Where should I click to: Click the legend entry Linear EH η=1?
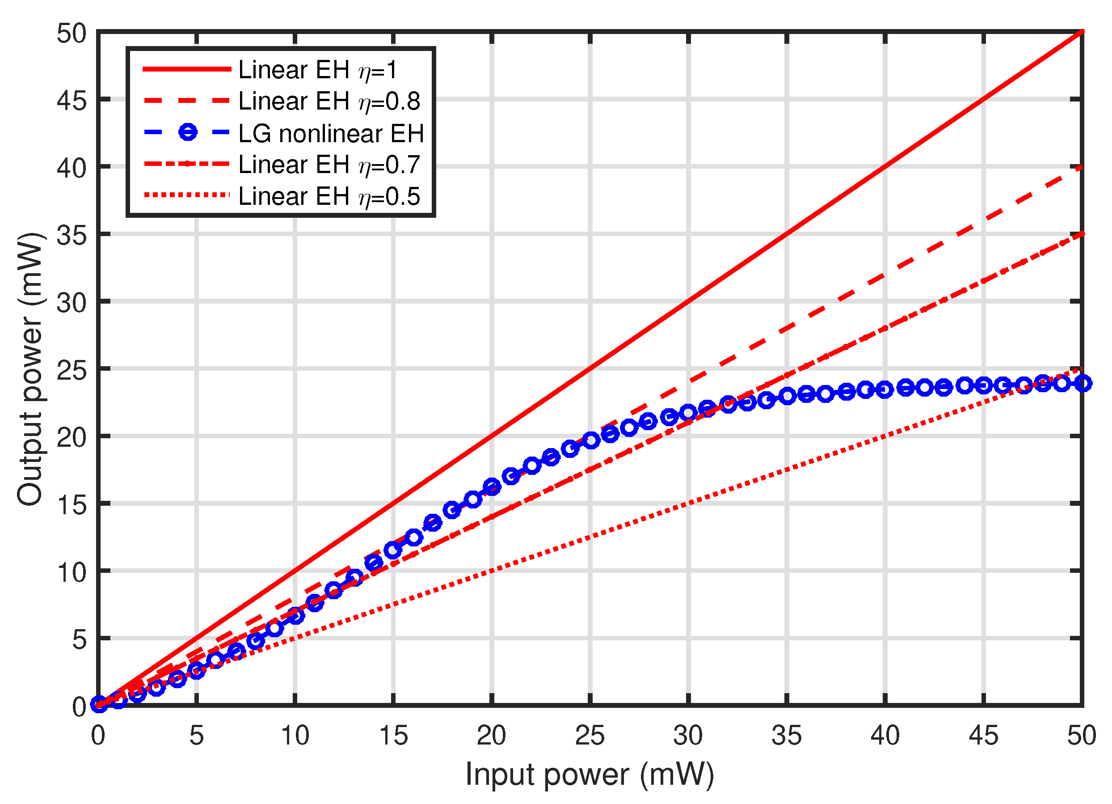point(318,70)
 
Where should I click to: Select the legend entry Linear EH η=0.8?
point(329,102)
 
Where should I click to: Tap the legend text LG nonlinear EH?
point(331,133)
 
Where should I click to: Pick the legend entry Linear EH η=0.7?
point(329,165)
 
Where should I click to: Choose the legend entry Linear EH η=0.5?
point(329,197)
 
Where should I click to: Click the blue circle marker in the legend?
point(188,132)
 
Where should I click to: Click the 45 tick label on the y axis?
point(71,102)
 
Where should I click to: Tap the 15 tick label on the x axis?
point(393,736)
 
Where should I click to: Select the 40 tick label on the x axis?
point(885,736)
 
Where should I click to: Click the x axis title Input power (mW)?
point(590,775)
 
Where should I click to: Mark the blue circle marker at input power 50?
point(1082,383)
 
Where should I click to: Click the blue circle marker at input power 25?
point(591,440)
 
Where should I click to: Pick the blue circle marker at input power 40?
point(884,390)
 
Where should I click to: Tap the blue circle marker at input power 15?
point(393,550)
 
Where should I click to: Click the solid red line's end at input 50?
point(1081,32)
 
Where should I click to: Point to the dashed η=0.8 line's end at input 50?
point(1081,167)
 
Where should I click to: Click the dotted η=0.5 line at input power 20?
point(492,571)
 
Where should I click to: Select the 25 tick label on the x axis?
point(590,736)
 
